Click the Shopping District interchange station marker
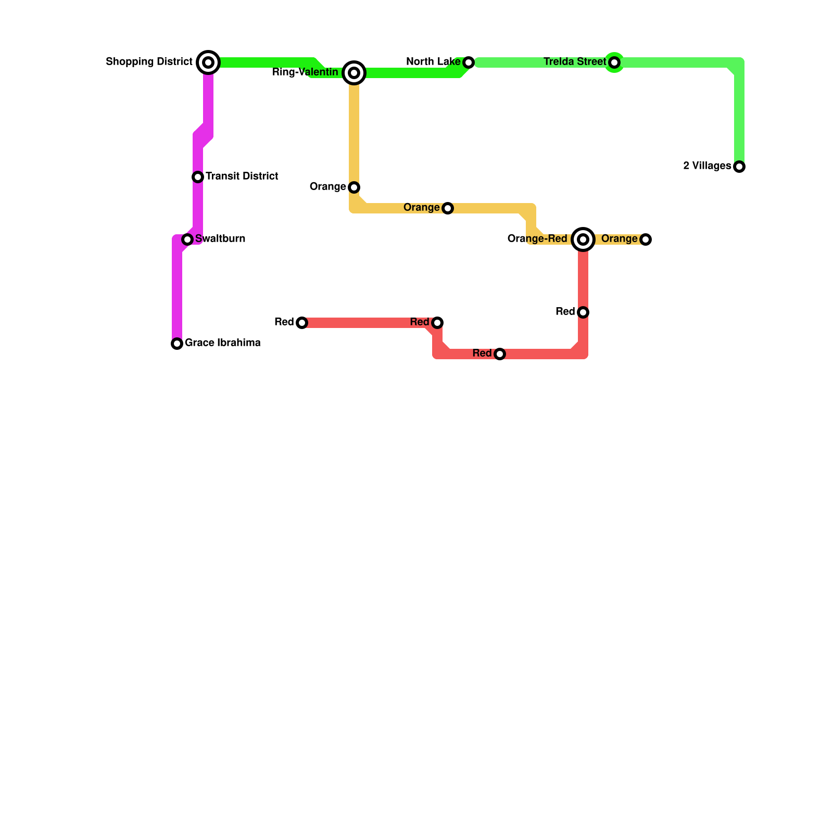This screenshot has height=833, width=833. [x=208, y=62]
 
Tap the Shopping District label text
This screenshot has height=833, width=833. [x=149, y=62]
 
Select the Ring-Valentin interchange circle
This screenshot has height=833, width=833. [x=354, y=73]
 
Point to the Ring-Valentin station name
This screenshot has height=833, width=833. [x=305, y=72]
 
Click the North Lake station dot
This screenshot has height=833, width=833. [x=469, y=62]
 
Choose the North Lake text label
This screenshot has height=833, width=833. [x=433, y=62]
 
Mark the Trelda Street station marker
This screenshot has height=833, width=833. [x=614, y=62]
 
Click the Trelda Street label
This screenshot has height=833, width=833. [x=575, y=62]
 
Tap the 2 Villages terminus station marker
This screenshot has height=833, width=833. [x=739, y=167]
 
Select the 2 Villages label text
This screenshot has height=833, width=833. [x=707, y=166]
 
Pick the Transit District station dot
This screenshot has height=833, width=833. [x=198, y=177]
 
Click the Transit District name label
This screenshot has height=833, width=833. [x=242, y=176]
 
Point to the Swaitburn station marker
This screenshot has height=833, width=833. [x=187, y=239]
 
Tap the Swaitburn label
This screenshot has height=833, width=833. [x=220, y=239]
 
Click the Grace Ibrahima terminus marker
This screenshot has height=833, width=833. [x=177, y=344]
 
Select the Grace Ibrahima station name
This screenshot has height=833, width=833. [x=223, y=343]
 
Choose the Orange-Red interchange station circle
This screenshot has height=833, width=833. [x=583, y=239]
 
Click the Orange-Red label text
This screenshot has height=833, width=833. [x=537, y=239]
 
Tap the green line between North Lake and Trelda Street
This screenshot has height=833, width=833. [x=541, y=62]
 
